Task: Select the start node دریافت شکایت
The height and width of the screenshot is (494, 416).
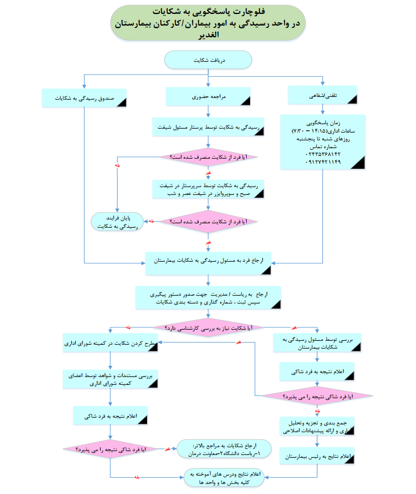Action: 208,59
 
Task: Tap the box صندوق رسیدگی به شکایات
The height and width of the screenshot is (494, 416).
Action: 85,98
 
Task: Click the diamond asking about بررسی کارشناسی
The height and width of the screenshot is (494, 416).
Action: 208,328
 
